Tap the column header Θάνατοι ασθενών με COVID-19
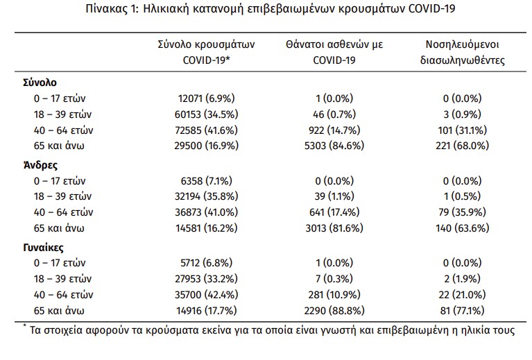click(x=334, y=52)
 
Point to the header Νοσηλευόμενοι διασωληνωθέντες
click(x=462, y=52)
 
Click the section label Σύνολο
click(x=40, y=82)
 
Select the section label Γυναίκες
click(x=44, y=247)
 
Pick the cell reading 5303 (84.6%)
click(x=334, y=146)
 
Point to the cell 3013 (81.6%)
click(x=334, y=228)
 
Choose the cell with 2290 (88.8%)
click(x=334, y=309)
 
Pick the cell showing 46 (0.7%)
click(x=334, y=114)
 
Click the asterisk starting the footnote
click(x=24, y=326)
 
